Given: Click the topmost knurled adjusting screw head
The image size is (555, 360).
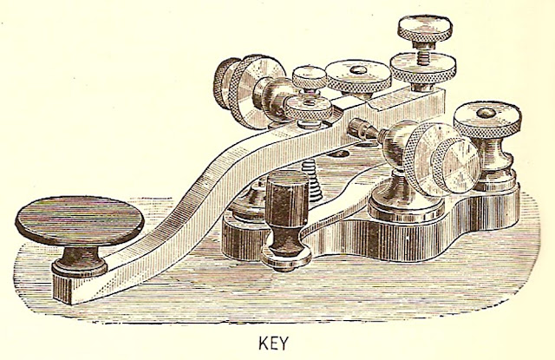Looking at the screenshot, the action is [x=421, y=26].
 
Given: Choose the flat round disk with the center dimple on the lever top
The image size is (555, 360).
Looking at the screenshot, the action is [x=357, y=74].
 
